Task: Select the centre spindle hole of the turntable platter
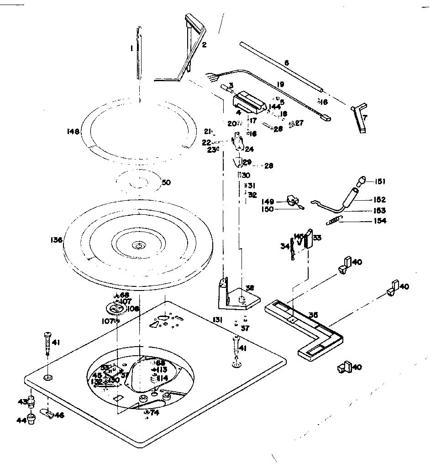tap(137, 245)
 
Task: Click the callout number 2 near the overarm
tap(204, 45)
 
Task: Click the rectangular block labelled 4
tap(249, 103)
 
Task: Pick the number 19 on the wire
tap(280, 84)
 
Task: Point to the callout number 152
tap(379, 200)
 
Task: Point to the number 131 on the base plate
tap(217, 321)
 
